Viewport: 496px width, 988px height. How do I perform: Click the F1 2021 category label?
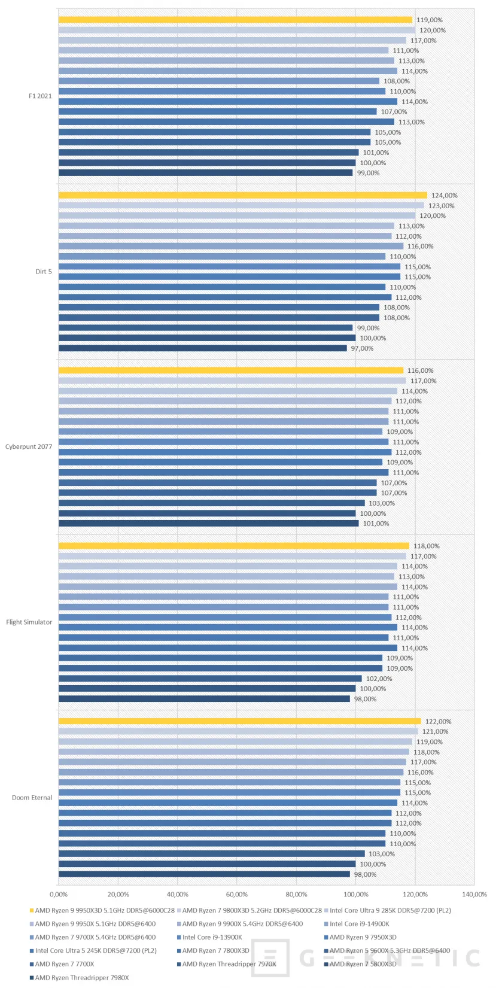(x=40, y=96)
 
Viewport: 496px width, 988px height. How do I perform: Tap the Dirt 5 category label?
(x=44, y=272)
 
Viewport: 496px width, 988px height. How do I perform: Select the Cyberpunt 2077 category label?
(x=29, y=446)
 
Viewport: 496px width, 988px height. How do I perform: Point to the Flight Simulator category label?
(x=29, y=622)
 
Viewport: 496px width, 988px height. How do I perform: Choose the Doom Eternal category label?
(x=32, y=798)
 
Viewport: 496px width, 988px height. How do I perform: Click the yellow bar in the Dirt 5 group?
(x=242, y=196)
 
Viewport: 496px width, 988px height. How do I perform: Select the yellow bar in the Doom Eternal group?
(x=239, y=722)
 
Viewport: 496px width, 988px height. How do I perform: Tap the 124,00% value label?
(x=445, y=196)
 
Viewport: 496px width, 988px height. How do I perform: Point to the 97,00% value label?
(x=362, y=348)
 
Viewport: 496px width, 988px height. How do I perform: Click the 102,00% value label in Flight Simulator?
(x=379, y=679)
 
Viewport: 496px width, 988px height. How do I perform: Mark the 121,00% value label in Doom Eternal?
(x=435, y=732)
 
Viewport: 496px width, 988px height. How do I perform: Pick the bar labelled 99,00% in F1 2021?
(x=205, y=173)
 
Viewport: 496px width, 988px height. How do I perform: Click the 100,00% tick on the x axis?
(x=356, y=895)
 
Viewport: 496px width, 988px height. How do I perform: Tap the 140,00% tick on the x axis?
(x=474, y=895)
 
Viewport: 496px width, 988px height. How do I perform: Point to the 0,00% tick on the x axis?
(x=59, y=895)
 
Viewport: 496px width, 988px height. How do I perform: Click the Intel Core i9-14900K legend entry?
(x=359, y=924)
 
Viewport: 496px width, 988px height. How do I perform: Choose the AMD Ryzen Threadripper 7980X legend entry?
(x=81, y=978)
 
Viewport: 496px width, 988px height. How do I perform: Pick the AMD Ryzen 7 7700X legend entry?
(x=64, y=964)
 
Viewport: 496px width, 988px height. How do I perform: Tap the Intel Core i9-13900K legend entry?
(x=212, y=938)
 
